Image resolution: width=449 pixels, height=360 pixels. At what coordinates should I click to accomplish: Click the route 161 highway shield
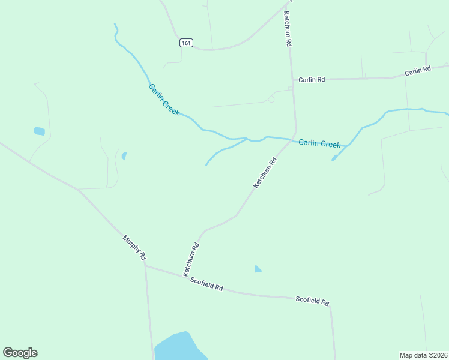186,43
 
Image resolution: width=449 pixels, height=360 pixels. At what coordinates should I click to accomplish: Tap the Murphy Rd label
134,247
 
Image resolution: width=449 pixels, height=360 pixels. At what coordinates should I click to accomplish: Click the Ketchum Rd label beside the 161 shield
288,29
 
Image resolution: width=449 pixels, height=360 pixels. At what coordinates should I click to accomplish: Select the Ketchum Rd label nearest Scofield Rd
191,259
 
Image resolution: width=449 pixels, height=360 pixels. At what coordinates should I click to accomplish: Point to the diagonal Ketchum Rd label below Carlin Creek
265,173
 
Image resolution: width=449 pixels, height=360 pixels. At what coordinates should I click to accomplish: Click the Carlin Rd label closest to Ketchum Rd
312,79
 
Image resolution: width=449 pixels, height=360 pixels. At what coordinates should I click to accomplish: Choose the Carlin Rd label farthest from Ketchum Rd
418,71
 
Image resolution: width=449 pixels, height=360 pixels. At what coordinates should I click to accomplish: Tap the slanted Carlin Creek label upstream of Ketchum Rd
164,100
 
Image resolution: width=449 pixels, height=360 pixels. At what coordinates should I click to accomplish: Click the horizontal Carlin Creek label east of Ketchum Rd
319,143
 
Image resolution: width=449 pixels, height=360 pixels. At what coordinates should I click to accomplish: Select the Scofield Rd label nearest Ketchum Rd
206,284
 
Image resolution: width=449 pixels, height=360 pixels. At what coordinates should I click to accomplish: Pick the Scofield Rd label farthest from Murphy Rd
312,301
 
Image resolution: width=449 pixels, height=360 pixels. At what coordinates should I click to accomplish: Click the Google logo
20,353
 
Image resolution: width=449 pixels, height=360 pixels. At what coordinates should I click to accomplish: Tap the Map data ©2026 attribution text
423,355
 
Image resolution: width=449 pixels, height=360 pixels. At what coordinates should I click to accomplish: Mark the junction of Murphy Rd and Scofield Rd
145,266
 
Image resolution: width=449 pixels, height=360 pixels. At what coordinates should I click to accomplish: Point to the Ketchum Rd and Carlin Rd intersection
292,79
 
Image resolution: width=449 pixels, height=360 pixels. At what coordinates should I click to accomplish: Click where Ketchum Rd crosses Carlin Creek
293,140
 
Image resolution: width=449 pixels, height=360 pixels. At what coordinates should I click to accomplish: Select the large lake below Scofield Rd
178,347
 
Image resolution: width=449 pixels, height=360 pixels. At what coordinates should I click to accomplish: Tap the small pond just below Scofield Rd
258,269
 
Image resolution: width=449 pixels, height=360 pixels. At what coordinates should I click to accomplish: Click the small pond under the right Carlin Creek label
334,158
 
